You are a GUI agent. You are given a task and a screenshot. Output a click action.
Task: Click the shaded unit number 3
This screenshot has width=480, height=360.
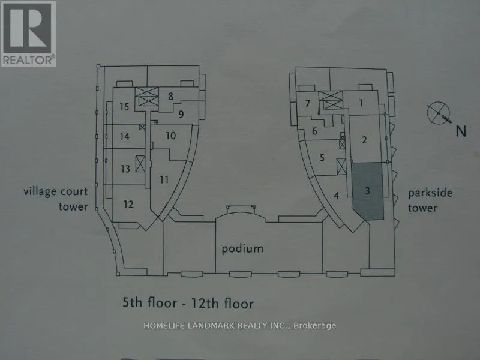click(367, 191)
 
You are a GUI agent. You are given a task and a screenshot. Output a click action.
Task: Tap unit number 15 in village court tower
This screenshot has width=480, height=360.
click(124, 107)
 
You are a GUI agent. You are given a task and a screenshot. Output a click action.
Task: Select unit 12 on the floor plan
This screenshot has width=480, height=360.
click(128, 204)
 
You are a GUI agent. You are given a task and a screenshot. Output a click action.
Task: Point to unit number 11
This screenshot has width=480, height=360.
click(164, 179)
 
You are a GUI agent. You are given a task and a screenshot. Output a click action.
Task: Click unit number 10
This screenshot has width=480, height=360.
click(171, 136)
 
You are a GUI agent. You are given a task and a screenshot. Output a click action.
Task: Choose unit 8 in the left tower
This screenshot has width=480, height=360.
click(170, 96)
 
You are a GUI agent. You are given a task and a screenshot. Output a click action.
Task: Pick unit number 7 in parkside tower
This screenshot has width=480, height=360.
click(308, 103)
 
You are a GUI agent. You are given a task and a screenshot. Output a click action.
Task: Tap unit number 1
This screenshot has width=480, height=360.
click(361, 103)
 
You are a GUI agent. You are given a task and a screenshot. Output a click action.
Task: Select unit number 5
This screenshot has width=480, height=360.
click(322, 158)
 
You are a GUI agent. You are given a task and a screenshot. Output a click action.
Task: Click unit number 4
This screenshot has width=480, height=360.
click(337, 196)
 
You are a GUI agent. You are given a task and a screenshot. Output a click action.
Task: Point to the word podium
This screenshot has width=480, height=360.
click(242, 248)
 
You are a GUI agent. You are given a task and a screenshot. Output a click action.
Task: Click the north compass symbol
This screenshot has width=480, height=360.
click(439, 113)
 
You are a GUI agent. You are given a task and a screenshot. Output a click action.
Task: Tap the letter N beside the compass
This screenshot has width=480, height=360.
click(461, 131)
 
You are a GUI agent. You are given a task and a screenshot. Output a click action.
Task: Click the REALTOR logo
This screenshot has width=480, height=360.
click(28, 34)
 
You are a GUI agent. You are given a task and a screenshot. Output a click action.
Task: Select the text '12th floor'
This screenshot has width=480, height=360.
click(223, 303)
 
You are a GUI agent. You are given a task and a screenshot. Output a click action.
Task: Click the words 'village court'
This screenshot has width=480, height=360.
click(56, 191)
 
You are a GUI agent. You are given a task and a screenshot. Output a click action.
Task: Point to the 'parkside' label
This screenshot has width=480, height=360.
click(430, 193)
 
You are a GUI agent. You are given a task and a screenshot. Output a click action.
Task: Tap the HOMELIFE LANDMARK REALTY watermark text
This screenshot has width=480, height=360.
click(239, 326)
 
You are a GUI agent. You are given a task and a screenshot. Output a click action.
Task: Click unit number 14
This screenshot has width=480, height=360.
click(124, 136)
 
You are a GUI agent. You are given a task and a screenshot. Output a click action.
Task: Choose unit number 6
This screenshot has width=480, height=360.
click(314, 131)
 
